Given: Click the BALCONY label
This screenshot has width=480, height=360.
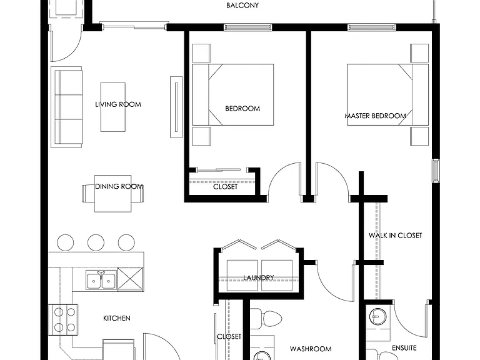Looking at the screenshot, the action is tap(242, 5).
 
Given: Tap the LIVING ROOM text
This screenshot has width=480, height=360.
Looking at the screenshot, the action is tap(118, 104).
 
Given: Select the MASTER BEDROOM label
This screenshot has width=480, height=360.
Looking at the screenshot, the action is tap(376, 116).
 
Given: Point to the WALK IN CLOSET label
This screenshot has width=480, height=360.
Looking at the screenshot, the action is tap(395, 236).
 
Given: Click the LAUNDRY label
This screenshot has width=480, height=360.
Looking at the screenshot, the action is tap(258, 277).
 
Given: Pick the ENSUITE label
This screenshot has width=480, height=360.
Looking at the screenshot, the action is tap(404, 348).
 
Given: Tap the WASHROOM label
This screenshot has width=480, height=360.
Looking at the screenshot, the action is tap(311, 349).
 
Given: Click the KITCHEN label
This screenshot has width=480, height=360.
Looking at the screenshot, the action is tap(117, 318).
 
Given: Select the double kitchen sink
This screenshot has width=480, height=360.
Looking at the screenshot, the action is tap(101, 279).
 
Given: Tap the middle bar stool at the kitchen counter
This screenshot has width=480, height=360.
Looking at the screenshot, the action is tap(96, 242).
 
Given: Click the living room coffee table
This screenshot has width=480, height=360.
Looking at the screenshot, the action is tap(113, 107).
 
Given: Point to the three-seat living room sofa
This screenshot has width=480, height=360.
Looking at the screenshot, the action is tap(66, 107).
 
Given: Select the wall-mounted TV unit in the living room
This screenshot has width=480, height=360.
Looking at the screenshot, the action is tap(176, 107).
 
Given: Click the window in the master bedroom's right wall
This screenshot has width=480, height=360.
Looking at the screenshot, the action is tap(436, 171).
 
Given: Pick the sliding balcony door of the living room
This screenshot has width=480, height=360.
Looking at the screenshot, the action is tap(134, 26).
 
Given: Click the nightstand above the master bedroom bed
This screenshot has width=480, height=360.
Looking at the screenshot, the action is tap(419, 53).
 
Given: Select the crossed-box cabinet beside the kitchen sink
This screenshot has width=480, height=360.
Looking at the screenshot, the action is tap(131, 279).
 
